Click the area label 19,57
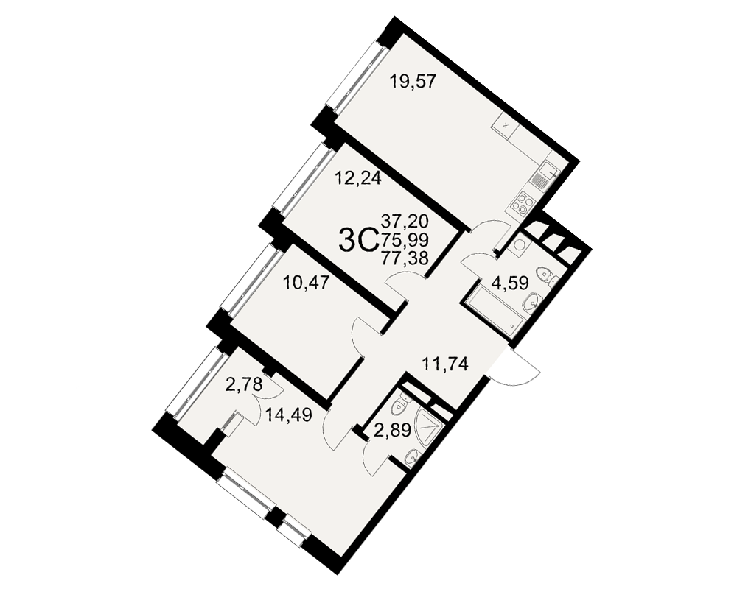(413, 82)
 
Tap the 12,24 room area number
(357, 178)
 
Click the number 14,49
(289, 415)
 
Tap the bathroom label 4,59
(510, 283)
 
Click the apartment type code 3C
(359, 241)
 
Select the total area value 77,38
(405, 258)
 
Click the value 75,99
(405, 239)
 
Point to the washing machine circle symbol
(520, 244)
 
